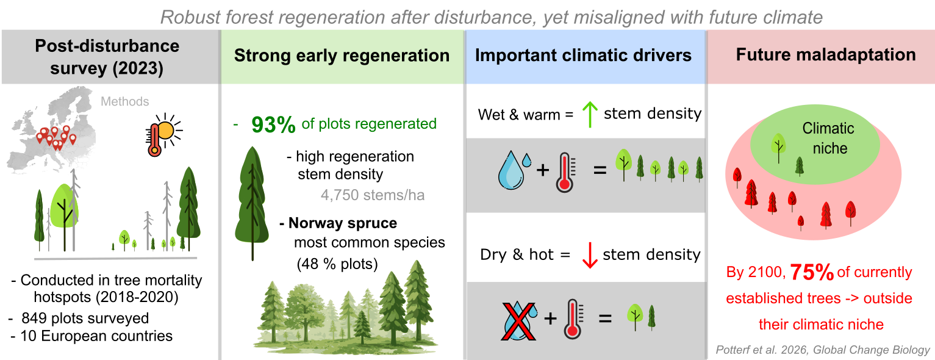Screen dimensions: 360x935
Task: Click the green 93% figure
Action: click(x=273, y=124)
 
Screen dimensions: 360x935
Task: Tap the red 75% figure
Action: click(x=812, y=273)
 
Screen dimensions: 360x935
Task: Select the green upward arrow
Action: click(x=589, y=114)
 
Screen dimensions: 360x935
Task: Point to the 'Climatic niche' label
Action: click(x=828, y=138)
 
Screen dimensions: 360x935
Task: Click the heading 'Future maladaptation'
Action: click(x=826, y=55)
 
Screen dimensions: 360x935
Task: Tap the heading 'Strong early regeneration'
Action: click(x=342, y=56)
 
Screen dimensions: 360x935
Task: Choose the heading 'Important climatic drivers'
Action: click(x=583, y=56)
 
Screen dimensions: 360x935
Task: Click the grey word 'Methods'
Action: click(x=124, y=101)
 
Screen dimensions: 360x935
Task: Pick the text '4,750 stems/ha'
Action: click(x=372, y=196)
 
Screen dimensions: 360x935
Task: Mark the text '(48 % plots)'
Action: click(x=337, y=265)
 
